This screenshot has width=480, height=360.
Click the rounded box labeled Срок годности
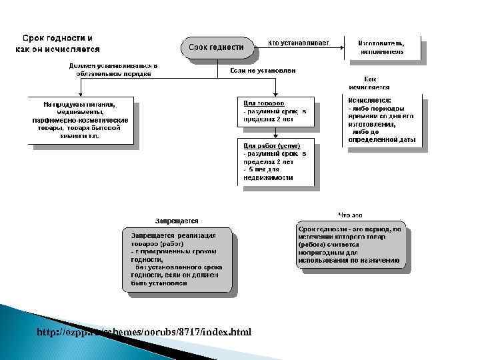click(216, 47)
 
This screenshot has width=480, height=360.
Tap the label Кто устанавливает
click(298, 43)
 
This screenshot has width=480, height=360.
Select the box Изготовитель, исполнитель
click(383, 47)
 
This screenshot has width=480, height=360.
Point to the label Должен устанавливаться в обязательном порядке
click(113, 70)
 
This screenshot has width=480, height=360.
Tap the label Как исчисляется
click(369, 83)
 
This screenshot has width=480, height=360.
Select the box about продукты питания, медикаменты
click(80, 119)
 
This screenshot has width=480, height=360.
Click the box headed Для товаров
click(275, 115)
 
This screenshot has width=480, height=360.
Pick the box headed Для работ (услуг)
click(275, 161)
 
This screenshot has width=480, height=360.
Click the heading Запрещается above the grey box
click(176, 221)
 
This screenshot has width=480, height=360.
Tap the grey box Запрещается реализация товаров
click(177, 259)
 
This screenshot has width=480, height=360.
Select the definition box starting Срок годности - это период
click(350, 244)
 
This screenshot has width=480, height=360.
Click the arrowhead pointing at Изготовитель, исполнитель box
click(341, 47)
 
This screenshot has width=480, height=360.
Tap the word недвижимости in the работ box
click(268, 178)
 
